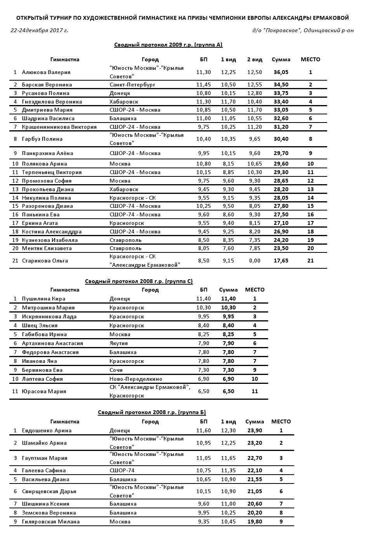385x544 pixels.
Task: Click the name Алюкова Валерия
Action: coord(46,72)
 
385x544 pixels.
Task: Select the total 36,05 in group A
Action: coord(281,72)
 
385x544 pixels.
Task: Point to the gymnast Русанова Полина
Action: coord(45,93)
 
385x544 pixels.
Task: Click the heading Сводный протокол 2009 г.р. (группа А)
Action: coord(168,45)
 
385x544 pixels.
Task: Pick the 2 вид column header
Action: coord(255,59)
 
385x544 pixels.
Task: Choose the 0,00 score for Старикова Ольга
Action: coord(255,261)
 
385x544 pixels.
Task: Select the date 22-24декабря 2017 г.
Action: coord(39,30)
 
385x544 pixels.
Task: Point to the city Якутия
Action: coord(118,343)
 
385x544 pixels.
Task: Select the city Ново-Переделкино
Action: coord(136,379)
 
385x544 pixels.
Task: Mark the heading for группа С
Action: coord(139,281)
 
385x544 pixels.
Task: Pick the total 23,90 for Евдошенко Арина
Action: coord(255,430)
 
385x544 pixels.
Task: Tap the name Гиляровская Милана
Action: coord(50,522)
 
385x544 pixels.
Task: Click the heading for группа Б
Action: coord(152,412)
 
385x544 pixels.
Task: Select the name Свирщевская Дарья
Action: coord(49,491)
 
